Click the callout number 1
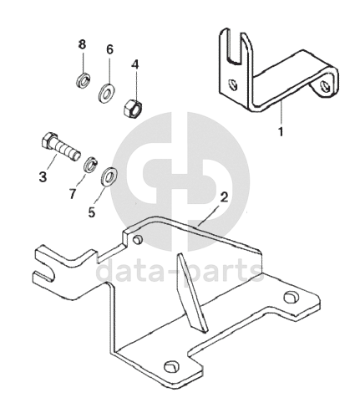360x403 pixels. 281,131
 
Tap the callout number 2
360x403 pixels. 224,197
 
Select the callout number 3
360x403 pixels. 43,176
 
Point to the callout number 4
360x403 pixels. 135,64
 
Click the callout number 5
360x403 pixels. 92,212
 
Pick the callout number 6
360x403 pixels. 109,49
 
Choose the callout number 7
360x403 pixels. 73,193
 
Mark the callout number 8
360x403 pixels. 82,44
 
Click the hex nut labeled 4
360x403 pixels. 133,109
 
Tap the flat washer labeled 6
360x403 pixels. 106,93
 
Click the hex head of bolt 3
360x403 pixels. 49,141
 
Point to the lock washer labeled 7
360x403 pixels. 90,165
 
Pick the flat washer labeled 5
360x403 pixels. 109,176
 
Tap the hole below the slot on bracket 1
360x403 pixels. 232,84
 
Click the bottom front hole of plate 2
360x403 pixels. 170,366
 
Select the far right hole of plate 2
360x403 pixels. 291,297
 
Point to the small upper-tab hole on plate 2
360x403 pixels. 138,240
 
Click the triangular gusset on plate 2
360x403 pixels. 192,293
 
